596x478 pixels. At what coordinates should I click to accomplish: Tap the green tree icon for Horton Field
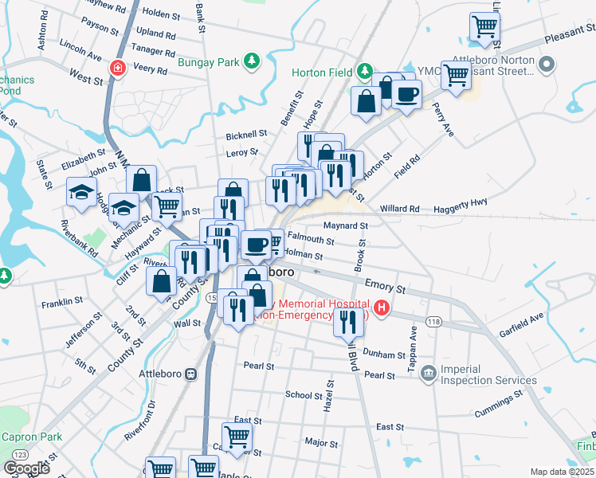pyautogui.click(x=364, y=72)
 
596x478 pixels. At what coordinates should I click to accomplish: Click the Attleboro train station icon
pyautogui.click(x=190, y=374)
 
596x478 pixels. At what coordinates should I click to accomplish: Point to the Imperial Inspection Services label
pyautogui.click(x=483, y=374)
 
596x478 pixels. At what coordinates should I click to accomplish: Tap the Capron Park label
pyautogui.click(x=31, y=437)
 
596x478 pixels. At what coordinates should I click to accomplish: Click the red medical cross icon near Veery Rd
pyautogui.click(x=118, y=69)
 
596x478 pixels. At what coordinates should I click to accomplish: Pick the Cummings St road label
pyautogui.click(x=499, y=403)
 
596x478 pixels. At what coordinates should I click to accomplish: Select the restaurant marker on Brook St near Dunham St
pyautogui.click(x=347, y=320)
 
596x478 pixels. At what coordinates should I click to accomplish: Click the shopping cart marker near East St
pyautogui.click(x=237, y=436)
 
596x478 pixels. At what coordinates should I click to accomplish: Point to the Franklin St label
pyautogui.click(x=63, y=302)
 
